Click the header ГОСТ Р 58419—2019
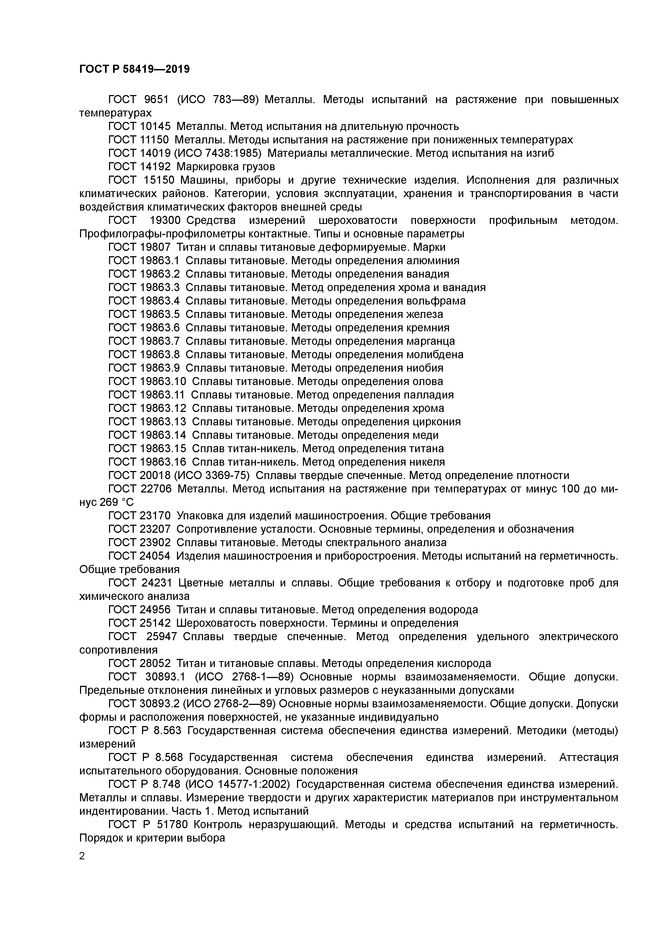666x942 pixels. tap(134, 69)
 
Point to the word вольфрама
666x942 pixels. tap(436, 301)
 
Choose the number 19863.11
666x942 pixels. tap(162, 395)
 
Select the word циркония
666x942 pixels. tap(436, 422)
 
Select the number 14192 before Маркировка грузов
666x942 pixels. tap(155, 166)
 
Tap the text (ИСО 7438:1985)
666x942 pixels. tap(218, 153)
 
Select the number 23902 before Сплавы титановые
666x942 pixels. tap(155, 542)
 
